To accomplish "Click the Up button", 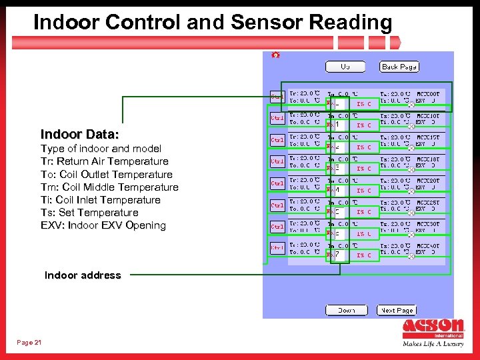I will [x=345, y=67].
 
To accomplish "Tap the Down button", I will [x=346, y=310].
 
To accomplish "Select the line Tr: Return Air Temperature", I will [x=105, y=161].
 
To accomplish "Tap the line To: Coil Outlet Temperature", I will [x=107, y=174].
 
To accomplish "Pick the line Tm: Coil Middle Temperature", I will [x=109, y=187].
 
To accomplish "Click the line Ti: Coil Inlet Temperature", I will [x=101, y=200].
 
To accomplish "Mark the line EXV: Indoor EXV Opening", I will [x=103, y=225].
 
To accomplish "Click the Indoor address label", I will [x=83, y=275].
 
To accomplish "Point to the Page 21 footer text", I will [x=29, y=342].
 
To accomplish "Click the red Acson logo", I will [x=433, y=329].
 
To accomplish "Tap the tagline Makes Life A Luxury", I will [x=433, y=345].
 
